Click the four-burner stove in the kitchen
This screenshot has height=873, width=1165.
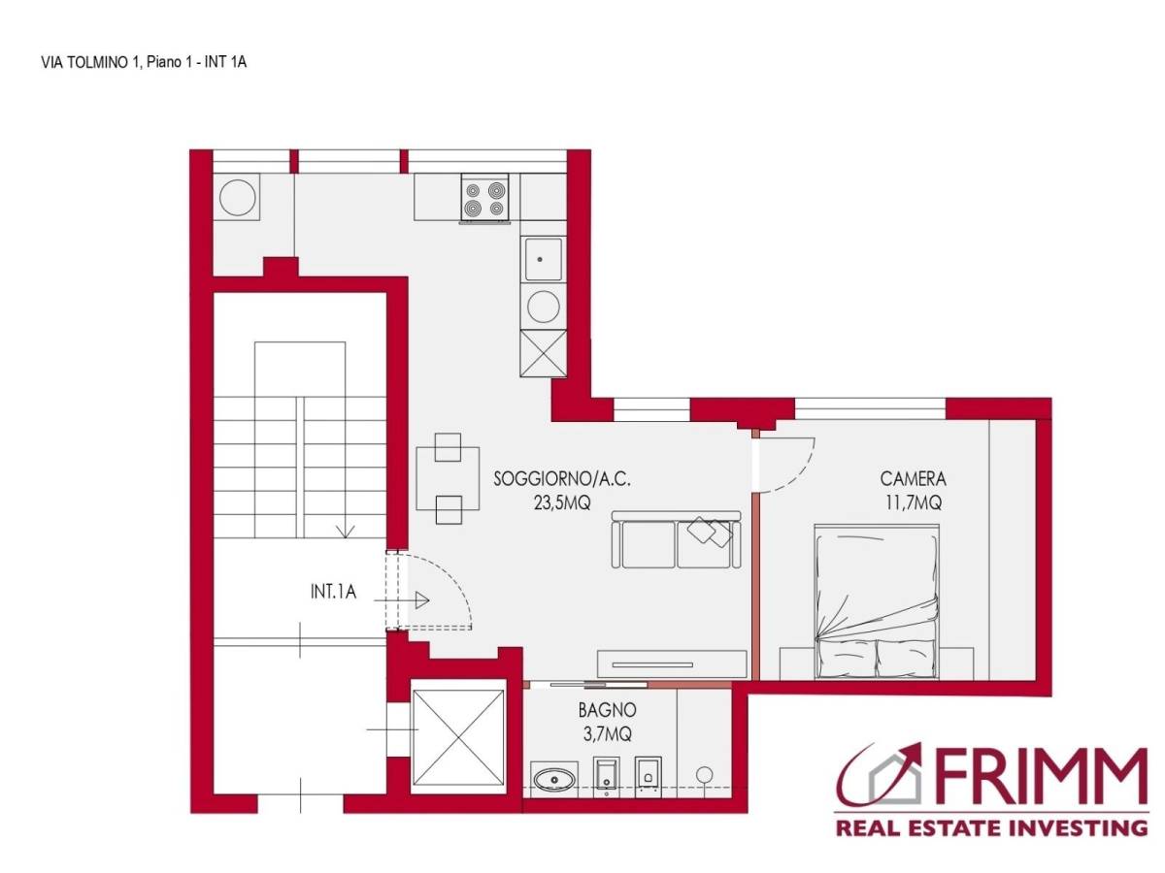(484, 197)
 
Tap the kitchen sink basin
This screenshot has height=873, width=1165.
(543, 259)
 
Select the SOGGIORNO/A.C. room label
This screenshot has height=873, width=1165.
(561, 479)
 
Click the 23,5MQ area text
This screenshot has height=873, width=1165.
(562, 502)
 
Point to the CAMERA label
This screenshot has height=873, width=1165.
(913, 478)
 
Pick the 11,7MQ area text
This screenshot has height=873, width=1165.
(913, 501)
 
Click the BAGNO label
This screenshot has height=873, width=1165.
(607, 710)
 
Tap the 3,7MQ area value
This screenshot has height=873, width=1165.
(607, 734)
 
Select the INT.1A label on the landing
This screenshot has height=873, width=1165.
(333, 592)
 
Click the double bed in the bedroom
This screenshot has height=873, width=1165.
(877, 601)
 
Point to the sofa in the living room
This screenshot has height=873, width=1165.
(676, 539)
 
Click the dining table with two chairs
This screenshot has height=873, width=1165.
(448, 478)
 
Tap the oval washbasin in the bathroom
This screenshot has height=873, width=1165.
(553, 780)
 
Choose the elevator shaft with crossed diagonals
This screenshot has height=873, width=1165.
(457, 737)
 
